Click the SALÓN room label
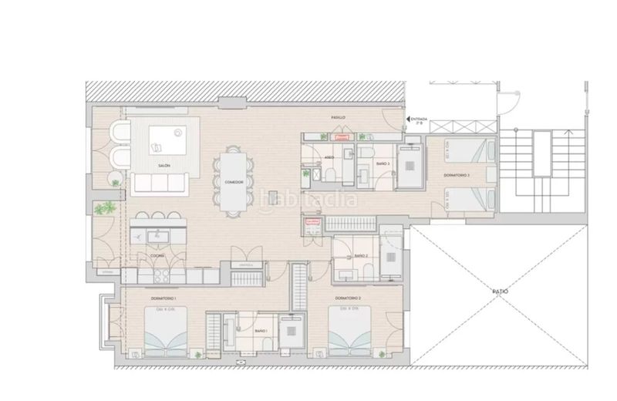coord(164,166)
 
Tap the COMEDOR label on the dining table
coord(234,182)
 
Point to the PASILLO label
coord(338,117)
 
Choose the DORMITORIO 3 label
coord(457,176)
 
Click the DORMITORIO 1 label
coord(164,298)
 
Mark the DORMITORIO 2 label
coord(349,298)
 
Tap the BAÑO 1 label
coord(260,329)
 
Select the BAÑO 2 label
coord(361,255)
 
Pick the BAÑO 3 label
coord(383,164)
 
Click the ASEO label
coord(329,156)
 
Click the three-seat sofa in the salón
coord(160,183)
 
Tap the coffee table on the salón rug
coord(167,139)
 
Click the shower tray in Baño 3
coord(410,166)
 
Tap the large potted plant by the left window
coord(106,208)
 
